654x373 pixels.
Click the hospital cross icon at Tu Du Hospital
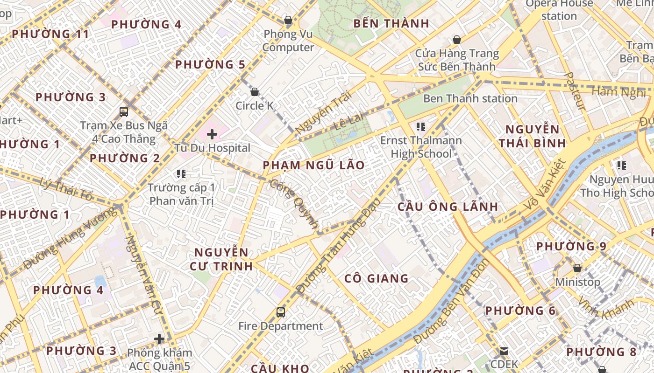point(212,134)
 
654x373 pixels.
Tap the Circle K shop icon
point(255,92)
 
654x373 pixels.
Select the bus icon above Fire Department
point(280,312)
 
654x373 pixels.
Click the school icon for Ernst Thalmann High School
point(421,126)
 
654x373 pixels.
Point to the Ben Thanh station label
point(470,98)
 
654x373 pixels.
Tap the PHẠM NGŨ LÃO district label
point(313,166)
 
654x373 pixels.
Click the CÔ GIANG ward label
point(376,279)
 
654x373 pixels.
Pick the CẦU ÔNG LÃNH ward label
point(448,207)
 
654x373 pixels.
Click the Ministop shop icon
point(577,268)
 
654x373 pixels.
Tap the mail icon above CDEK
point(504,351)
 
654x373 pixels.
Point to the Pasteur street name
point(576,91)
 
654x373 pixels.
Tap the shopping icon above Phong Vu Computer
point(288,20)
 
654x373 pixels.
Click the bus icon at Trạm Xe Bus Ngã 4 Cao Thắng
point(124,111)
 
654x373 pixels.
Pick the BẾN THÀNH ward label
point(391,23)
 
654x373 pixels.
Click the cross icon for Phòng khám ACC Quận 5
point(159,338)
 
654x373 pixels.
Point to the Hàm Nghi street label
point(619,92)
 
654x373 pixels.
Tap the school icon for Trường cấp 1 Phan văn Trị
point(181,174)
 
